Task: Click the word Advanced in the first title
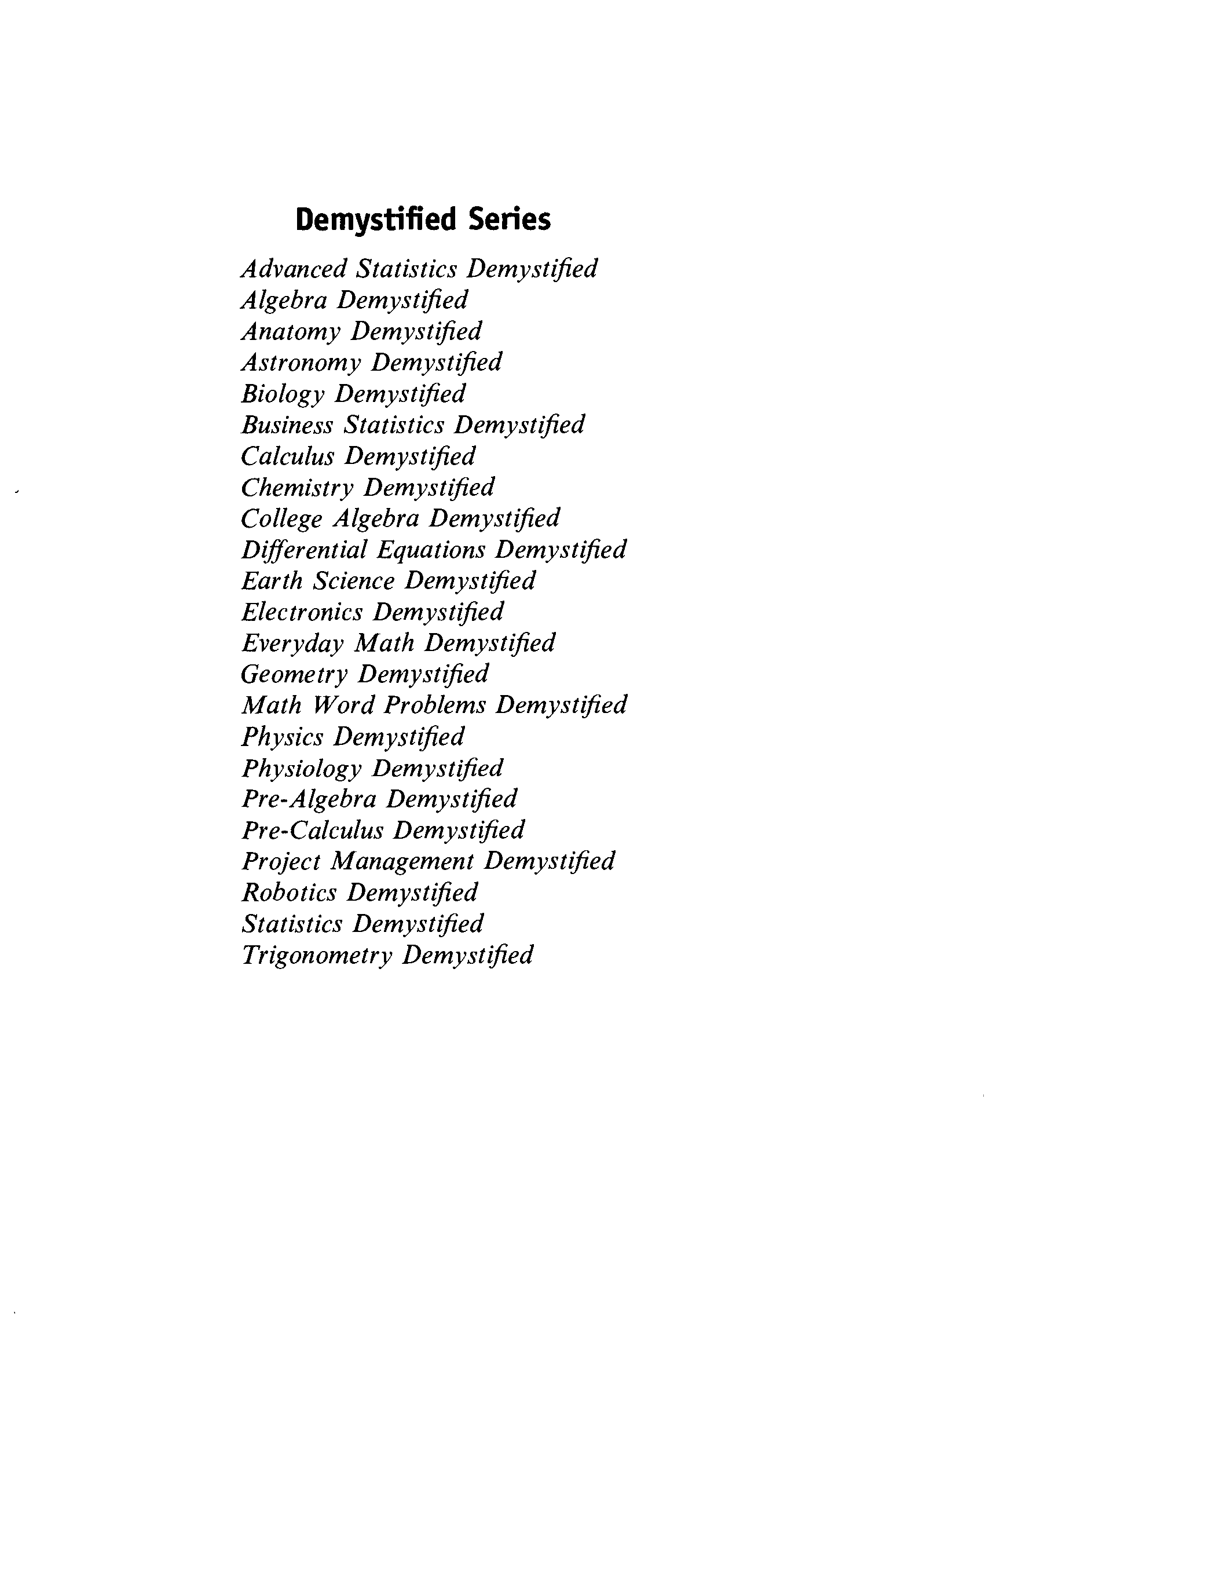pyautogui.click(x=294, y=269)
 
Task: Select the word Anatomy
pyautogui.click(x=291, y=332)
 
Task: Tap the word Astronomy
pyautogui.click(x=301, y=363)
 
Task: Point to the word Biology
pyautogui.click(x=283, y=394)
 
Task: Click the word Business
pyautogui.click(x=287, y=425)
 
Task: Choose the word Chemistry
pyautogui.click(x=296, y=487)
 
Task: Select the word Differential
pyautogui.click(x=304, y=550)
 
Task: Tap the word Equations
pyautogui.click(x=431, y=550)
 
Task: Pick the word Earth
pyautogui.click(x=272, y=581)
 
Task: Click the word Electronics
pyautogui.click(x=301, y=612)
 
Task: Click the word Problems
pyautogui.click(x=435, y=705)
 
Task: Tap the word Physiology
pyautogui.click(x=301, y=768)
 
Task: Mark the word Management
pyautogui.click(x=402, y=861)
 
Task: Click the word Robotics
pyautogui.click(x=289, y=893)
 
